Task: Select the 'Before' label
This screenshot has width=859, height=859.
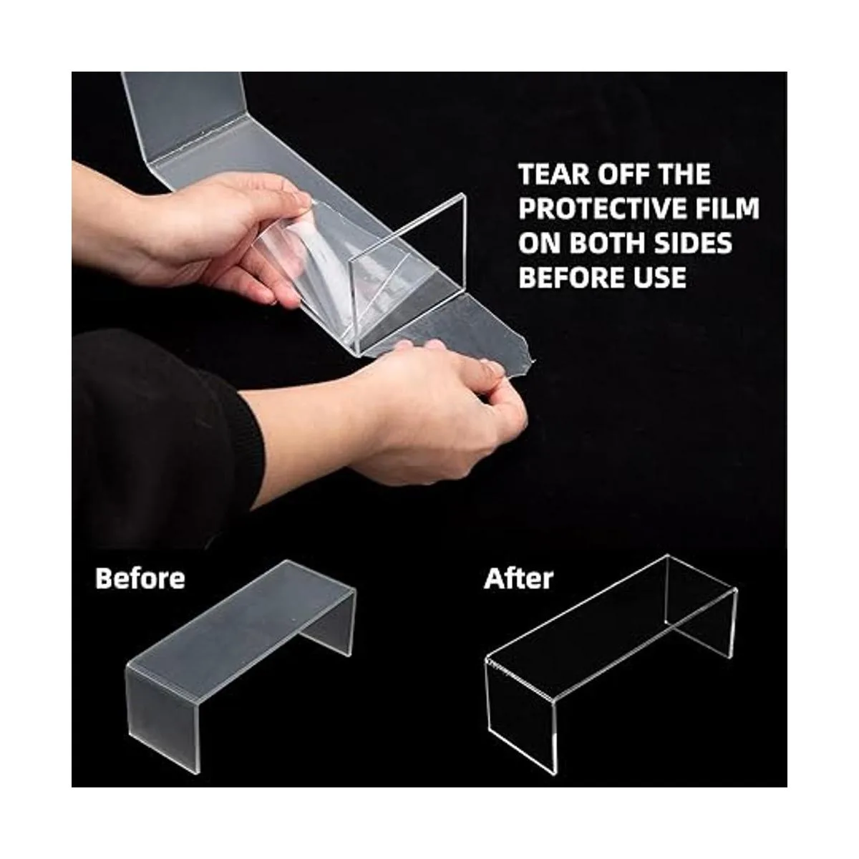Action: (140, 578)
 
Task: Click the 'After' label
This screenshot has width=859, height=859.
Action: (518, 578)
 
